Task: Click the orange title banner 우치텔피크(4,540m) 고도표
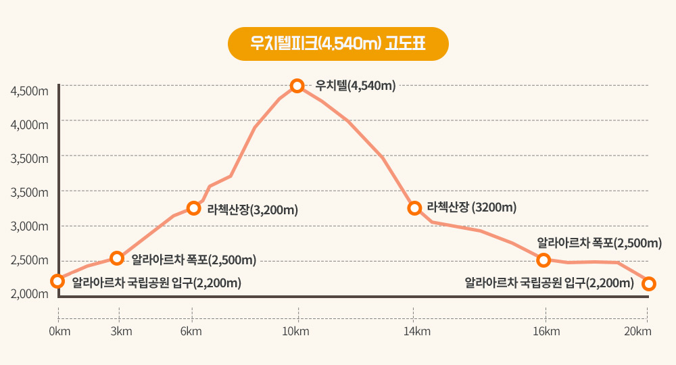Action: point(338,44)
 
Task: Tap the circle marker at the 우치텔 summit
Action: point(297,86)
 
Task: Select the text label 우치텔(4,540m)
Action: point(355,86)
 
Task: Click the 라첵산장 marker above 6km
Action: point(194,208)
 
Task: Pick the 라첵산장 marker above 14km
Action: point(414,208)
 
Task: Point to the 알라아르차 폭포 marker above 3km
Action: point(117,258)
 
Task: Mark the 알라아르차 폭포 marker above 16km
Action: point(544,260)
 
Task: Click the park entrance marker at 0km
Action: point(58,281)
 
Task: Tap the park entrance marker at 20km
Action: point(649,283)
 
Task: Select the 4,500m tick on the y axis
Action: point(30,91)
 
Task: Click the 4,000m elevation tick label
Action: point(30,124)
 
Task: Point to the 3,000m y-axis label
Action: point(30,226)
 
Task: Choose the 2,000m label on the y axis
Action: point(30,293)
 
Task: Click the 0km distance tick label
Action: point(59,331)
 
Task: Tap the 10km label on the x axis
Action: point(296,331)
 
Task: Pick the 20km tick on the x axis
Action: point(637,331)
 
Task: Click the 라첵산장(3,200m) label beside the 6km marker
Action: point(253,210)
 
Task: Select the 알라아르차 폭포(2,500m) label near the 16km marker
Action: point(599,243)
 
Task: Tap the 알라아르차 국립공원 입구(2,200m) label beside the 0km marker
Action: point(157,282)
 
